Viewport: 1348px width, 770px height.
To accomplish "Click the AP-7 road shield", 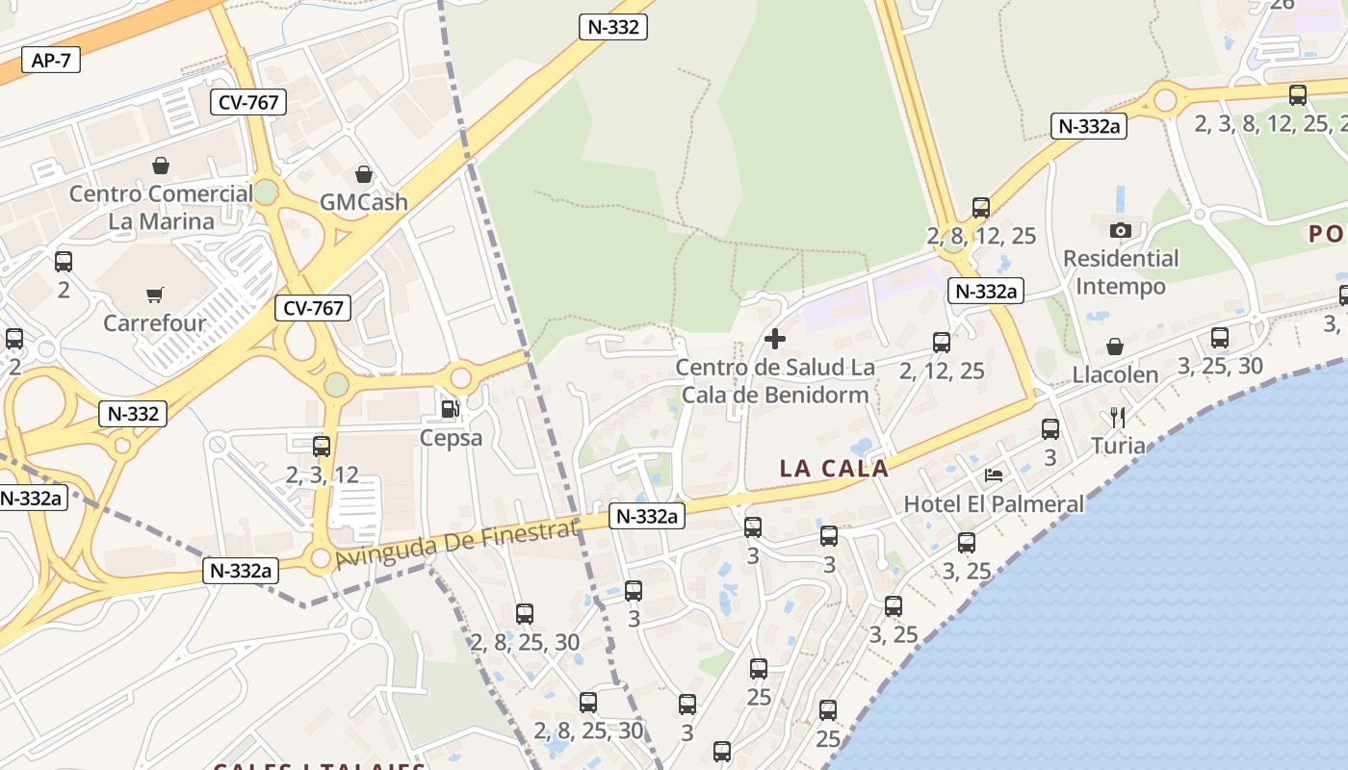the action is (51, 60).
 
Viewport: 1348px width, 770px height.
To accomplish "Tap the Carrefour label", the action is (155, 322).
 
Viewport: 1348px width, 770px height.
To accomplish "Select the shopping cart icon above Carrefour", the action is (154, 295).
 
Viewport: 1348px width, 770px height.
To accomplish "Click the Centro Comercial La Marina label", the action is (161, 207).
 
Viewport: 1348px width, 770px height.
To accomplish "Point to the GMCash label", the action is (364, 202).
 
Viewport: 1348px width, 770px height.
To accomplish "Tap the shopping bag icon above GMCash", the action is (364, 174).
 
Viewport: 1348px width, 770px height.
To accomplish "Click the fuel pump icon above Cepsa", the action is (450, 409).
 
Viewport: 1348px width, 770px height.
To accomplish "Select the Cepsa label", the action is (451, 438).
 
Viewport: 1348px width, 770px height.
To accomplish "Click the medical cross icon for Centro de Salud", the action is (774, 339).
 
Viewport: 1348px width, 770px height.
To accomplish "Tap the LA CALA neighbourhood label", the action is (834, 469).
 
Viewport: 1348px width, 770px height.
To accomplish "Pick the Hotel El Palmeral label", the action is (994, 503).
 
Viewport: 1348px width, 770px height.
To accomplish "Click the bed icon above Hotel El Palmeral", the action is (994, 475).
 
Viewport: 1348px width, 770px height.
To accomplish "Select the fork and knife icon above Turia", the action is (1118, 418).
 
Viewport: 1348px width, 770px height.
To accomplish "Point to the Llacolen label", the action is (1116, 374).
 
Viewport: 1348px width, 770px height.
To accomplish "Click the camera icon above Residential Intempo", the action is (1121, 230).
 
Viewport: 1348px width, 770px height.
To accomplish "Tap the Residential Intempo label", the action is (1121, 272).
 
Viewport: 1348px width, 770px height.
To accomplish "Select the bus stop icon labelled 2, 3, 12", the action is (322, 447).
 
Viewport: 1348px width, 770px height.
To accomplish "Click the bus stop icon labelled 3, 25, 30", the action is (1220, 338).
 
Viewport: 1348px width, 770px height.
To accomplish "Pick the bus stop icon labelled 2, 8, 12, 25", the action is (981, 208).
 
